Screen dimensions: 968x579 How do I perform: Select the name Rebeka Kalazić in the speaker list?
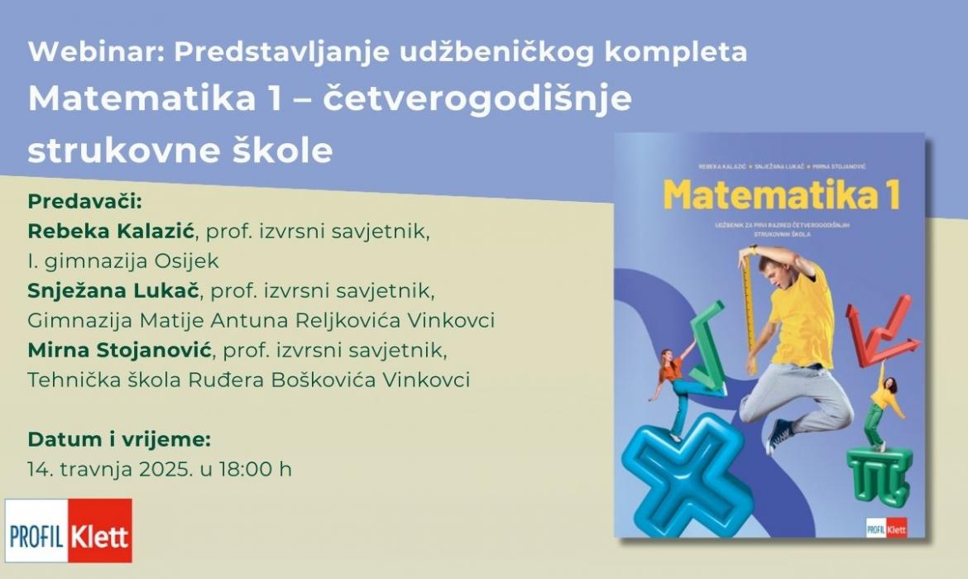111,231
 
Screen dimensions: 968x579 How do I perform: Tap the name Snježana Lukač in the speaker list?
113,290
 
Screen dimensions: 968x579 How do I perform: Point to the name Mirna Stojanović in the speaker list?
120,350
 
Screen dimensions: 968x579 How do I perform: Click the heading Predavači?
85,201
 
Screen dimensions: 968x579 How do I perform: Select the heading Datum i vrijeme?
119,439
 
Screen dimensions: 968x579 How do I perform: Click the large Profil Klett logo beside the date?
69,531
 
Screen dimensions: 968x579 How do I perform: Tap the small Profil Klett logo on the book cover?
887,528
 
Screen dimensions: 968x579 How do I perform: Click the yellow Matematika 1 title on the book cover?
781,194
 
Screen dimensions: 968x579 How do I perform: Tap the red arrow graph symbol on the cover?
877,330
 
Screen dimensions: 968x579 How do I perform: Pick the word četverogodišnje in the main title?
477,98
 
